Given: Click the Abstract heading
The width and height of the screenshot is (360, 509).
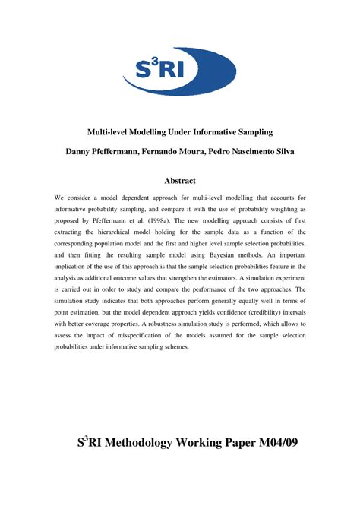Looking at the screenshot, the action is (x=180, y=181).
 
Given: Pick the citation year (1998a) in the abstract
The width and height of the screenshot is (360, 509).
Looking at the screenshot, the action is (x=156, y=221).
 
